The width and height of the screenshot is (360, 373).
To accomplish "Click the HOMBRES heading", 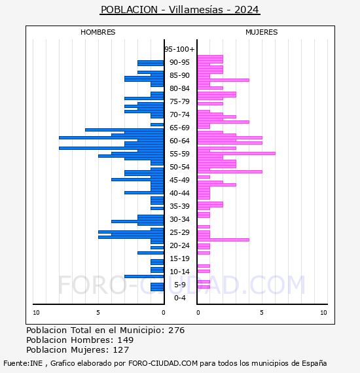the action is pos(98,32).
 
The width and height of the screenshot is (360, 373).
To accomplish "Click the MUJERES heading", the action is pos(262,32).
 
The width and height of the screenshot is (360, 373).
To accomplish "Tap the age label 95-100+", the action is pos(179,49).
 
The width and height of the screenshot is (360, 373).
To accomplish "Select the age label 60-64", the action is pos(179,141).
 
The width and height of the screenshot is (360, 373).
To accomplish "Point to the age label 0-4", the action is pos(179,298).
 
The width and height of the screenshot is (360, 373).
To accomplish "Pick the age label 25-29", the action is pos(179,232).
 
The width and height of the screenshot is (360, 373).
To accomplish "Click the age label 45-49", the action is pos(179,180).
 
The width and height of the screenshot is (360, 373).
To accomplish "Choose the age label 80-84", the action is pos(179,88).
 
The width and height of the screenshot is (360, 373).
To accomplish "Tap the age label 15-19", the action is pos(179,258).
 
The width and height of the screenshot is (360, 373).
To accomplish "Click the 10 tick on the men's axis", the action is pos(36,313).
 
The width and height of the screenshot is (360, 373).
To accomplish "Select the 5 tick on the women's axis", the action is pos(262,313).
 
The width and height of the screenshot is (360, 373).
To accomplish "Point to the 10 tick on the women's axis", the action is pos(323,313).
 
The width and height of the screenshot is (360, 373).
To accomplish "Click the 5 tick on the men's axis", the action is pos(98,313).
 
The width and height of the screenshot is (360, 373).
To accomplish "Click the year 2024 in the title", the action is pos(247,10).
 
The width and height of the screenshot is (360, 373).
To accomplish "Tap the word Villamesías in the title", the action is pos(196,10).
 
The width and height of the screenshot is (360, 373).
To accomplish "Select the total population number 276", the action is pos(176,330).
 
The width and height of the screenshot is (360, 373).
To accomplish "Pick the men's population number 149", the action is pos(126,340).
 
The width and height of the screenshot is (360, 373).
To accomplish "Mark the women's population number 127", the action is pos(121,349).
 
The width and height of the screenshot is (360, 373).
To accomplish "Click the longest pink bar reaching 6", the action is pos(236,153).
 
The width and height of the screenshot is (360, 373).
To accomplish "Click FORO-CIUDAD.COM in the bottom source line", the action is pos(163,363).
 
